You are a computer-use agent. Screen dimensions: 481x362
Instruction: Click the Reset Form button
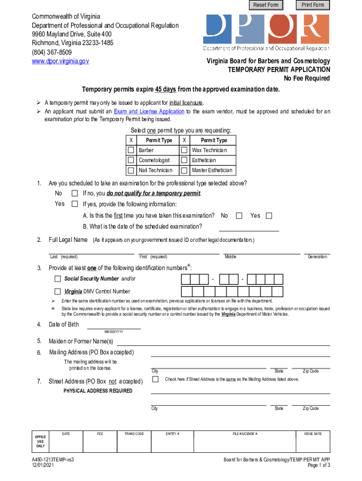pyautogui.click(x=266, y=5)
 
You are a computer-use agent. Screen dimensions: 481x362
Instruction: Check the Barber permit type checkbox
pyautogui.click(x=131, y=150)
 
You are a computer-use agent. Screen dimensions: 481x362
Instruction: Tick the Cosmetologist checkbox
pyautogui.click(x=131, y=160)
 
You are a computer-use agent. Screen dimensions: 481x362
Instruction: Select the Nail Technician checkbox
pyautogui.click(x=131, y=171)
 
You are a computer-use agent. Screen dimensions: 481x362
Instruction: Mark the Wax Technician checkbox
pyautogui.click(x=185, y=150)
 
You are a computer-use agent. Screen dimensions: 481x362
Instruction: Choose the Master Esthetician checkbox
pyautogui.click(x=185, y=171)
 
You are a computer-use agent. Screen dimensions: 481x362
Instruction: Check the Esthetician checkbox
pyautogui.click(x=185, y=160)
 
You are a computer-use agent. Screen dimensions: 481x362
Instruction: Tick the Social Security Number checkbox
pyautogui.click(x=58, y=279)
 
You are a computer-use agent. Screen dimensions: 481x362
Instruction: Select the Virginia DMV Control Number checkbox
pyautogui.click(x=58, y=291)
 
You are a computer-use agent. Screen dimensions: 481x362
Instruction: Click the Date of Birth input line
pyautogui.click(x=114, y=325)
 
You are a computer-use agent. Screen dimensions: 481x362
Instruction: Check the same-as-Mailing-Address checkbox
pyautogui.click(x=156, y=379)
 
